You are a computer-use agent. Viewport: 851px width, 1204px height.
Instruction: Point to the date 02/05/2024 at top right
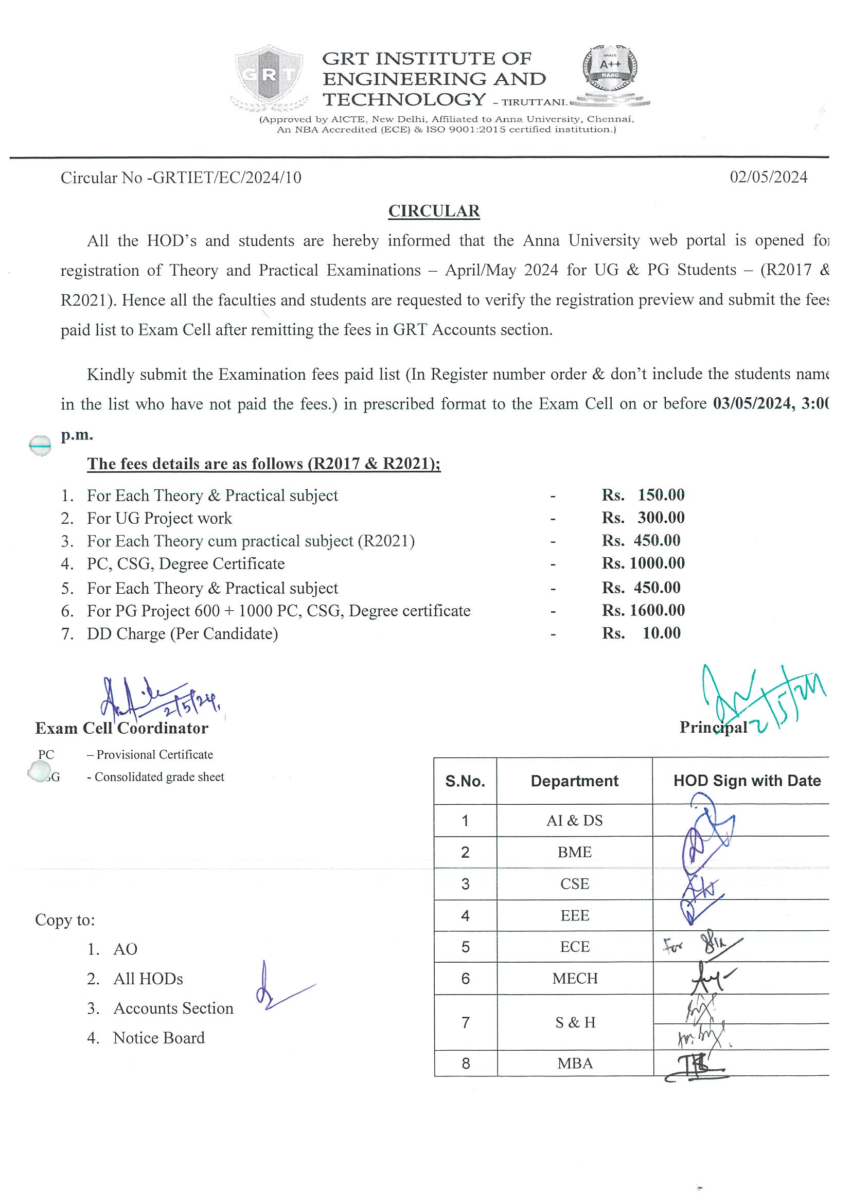point(768,177)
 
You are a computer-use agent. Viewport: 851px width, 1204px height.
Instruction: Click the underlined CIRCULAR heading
point(434,211)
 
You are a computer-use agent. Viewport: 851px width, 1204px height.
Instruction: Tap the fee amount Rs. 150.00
point(643,495)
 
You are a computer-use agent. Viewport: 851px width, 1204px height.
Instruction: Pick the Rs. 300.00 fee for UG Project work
point(643,518)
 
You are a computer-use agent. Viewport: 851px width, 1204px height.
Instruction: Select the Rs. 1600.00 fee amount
point(643,610)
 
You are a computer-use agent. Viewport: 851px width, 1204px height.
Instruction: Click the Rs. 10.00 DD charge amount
point(641,633)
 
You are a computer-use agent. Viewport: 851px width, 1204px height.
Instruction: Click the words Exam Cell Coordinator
point(121,729)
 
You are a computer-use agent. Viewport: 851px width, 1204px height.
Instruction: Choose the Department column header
point(574,781)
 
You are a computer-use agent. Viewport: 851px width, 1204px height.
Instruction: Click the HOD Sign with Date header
point(747,781)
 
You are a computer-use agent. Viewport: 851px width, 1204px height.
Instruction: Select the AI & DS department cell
point(574,821)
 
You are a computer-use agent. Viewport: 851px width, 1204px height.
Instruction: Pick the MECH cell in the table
point(574,979)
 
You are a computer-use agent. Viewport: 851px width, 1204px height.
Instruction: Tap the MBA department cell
point(574,1064)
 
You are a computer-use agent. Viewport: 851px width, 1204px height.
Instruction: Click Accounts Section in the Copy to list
point(173,1008)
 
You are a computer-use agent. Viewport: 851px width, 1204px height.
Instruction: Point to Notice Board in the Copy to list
point(158,1038)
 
